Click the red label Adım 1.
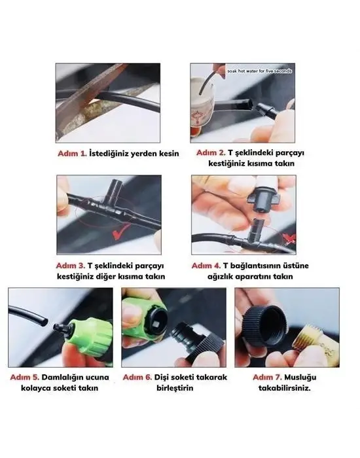pos(71,154)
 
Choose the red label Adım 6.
pos(139,378)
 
